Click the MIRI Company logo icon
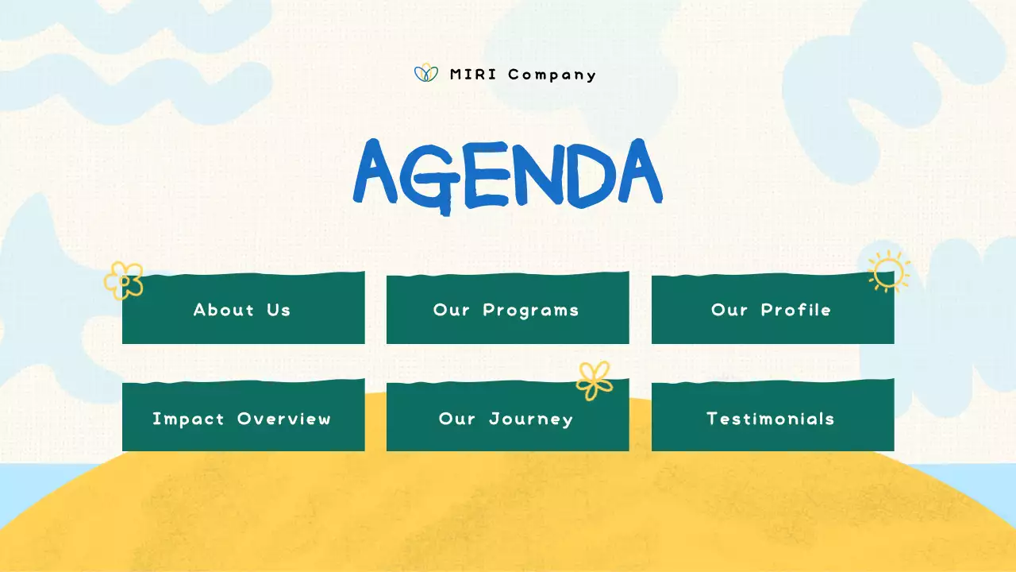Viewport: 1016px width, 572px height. (x=426, y=74)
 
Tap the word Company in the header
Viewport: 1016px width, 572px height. (x=552, y=75)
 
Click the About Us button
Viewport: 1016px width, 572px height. (x=243, y=310)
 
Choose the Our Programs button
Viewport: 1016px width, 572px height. (x=507, y=310)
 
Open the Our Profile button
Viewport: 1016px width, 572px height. (x=772, y=310)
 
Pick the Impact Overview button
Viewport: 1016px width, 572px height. (x=243, y=418)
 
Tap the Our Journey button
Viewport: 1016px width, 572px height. (x=507, y=418)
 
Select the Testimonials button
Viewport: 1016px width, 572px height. (x=772, y=418)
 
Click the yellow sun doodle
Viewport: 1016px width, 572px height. (x=888, y=272)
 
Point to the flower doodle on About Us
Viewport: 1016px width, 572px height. (x=125, y=280)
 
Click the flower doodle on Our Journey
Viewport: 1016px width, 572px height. (x=594, y=380)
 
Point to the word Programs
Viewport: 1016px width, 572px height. (x=531, y=310)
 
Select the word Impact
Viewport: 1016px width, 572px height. (x=189, y=419)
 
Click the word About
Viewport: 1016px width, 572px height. (x=224, y=310)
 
